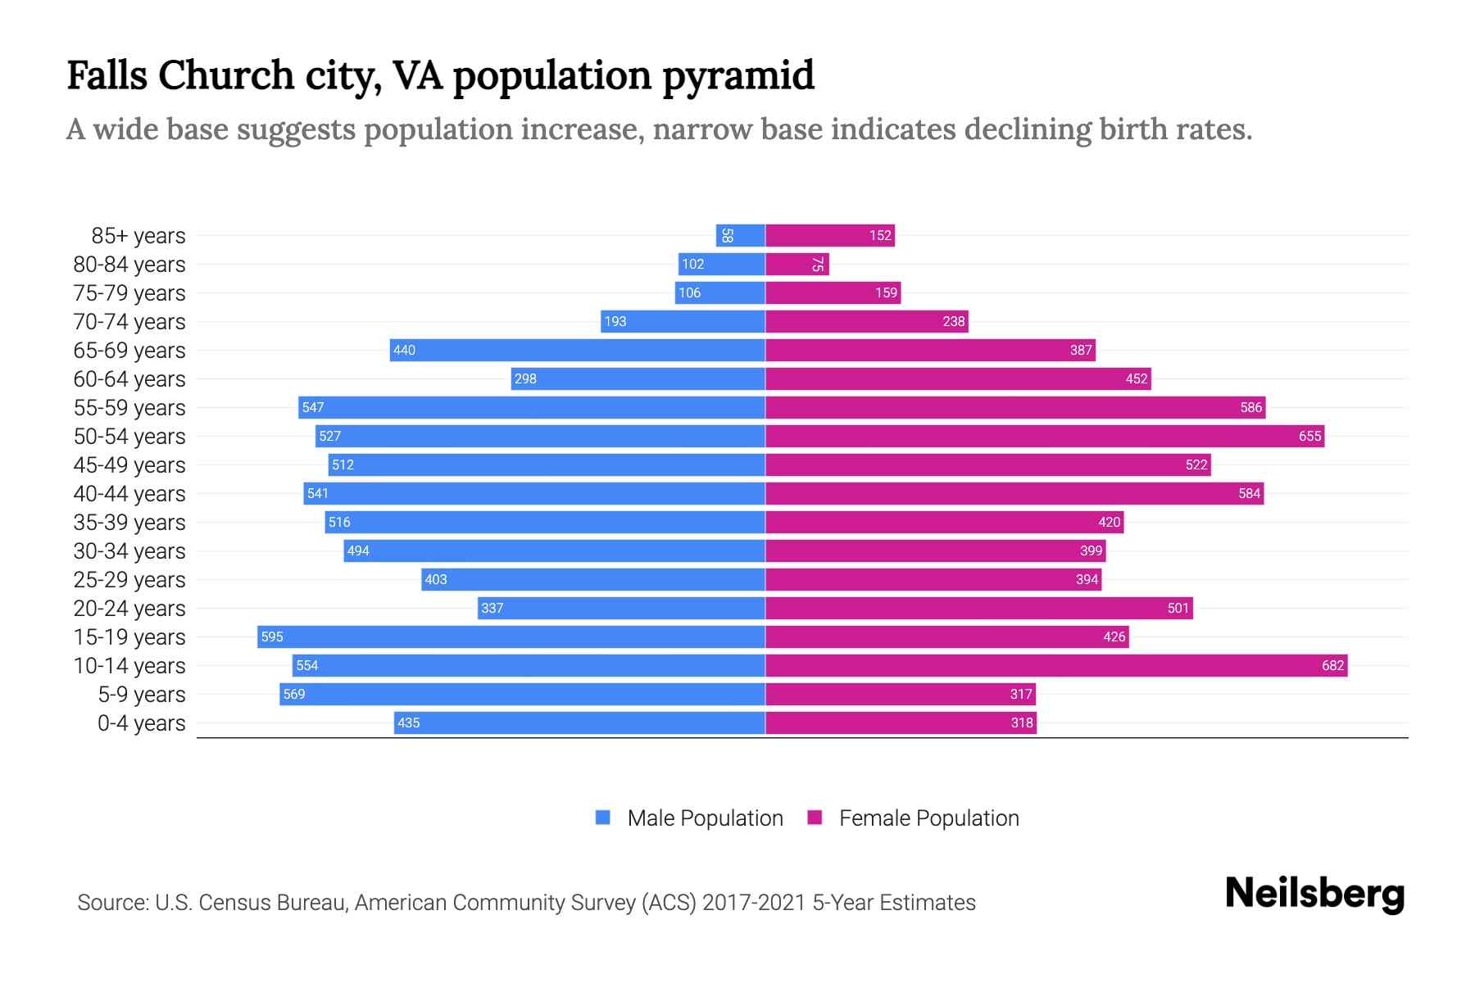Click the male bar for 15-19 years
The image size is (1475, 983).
511,636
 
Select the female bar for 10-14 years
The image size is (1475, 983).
1055,665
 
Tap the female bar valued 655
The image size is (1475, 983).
1045,436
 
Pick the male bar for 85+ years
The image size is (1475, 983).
741,235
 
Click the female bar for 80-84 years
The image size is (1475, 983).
797,264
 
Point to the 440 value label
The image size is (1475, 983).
404,350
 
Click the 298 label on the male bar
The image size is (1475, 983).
525,378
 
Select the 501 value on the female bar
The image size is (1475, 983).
1178,608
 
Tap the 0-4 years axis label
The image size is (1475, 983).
141,723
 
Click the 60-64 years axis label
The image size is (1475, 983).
129,379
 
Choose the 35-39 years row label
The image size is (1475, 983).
129,523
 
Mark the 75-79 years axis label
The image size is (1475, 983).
129,293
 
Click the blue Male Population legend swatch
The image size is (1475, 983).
603,818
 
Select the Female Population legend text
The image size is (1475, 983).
928,818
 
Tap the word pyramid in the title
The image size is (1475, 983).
738,75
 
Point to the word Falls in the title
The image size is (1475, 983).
107,75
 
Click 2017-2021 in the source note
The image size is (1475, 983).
754,903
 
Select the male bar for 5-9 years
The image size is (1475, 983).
522,694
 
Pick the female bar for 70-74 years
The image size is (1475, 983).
866,321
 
